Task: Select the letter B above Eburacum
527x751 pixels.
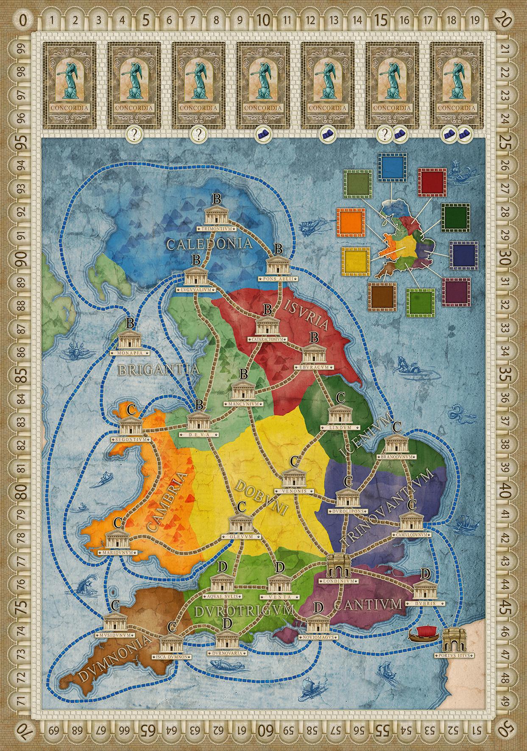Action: point(314,337)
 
